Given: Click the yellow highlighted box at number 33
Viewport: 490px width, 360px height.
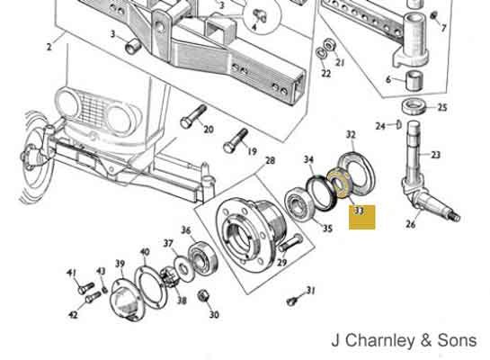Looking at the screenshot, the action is (361, 218).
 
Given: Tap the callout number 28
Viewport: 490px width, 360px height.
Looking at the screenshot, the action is (270, 160).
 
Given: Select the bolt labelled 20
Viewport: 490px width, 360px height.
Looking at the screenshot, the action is (192, 117).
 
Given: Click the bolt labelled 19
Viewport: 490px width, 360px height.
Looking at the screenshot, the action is (236, 140).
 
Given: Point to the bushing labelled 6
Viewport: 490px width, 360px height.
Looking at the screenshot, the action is (414, 81).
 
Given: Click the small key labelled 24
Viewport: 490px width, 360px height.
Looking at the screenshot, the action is (398, 125).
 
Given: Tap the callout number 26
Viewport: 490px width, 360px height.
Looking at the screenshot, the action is (410, 223).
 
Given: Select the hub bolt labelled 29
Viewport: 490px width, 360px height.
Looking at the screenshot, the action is (291, 243).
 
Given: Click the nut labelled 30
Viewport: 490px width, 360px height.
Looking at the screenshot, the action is (203, 296).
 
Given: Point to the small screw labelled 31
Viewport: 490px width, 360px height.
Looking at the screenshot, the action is (291, 301).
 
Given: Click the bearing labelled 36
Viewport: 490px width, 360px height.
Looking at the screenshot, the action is (203, 258).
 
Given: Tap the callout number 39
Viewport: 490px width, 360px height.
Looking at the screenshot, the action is (120, 265).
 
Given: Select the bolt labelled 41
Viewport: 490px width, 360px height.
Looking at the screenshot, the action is (85, 288).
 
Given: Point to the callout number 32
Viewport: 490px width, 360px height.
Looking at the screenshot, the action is (351, 135).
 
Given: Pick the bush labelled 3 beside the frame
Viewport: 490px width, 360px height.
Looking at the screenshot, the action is (133, 46).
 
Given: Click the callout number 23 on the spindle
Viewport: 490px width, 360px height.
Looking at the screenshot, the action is (435, 155).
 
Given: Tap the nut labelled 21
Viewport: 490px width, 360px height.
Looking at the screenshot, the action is (329, 45).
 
